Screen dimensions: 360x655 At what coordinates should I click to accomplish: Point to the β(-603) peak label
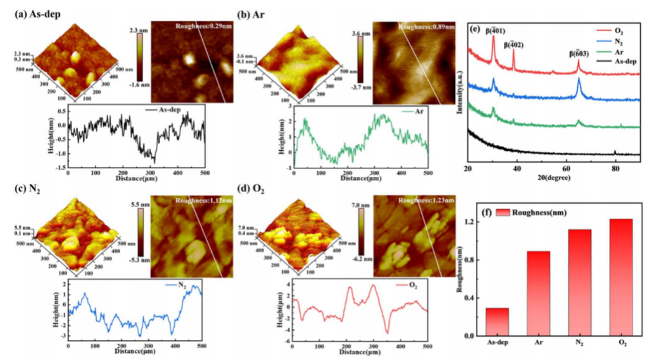pos(578,53)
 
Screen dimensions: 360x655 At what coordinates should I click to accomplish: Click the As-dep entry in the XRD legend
pos(623,62)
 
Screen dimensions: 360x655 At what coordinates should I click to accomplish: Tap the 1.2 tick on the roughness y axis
pos(475,222)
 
